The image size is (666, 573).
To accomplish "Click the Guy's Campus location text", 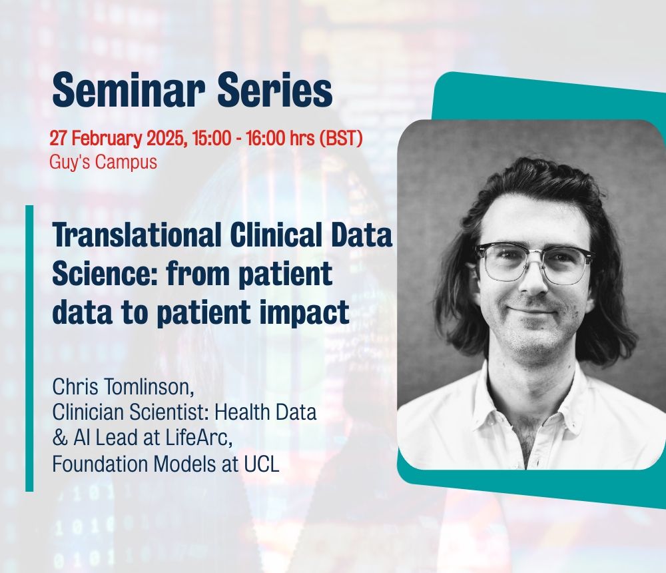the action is [103, 163].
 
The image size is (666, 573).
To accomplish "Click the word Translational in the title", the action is [137, 235].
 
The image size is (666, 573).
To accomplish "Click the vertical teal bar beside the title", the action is [29, 348].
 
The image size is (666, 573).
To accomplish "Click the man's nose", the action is [533, 281].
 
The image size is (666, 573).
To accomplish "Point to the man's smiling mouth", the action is [531, 310].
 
